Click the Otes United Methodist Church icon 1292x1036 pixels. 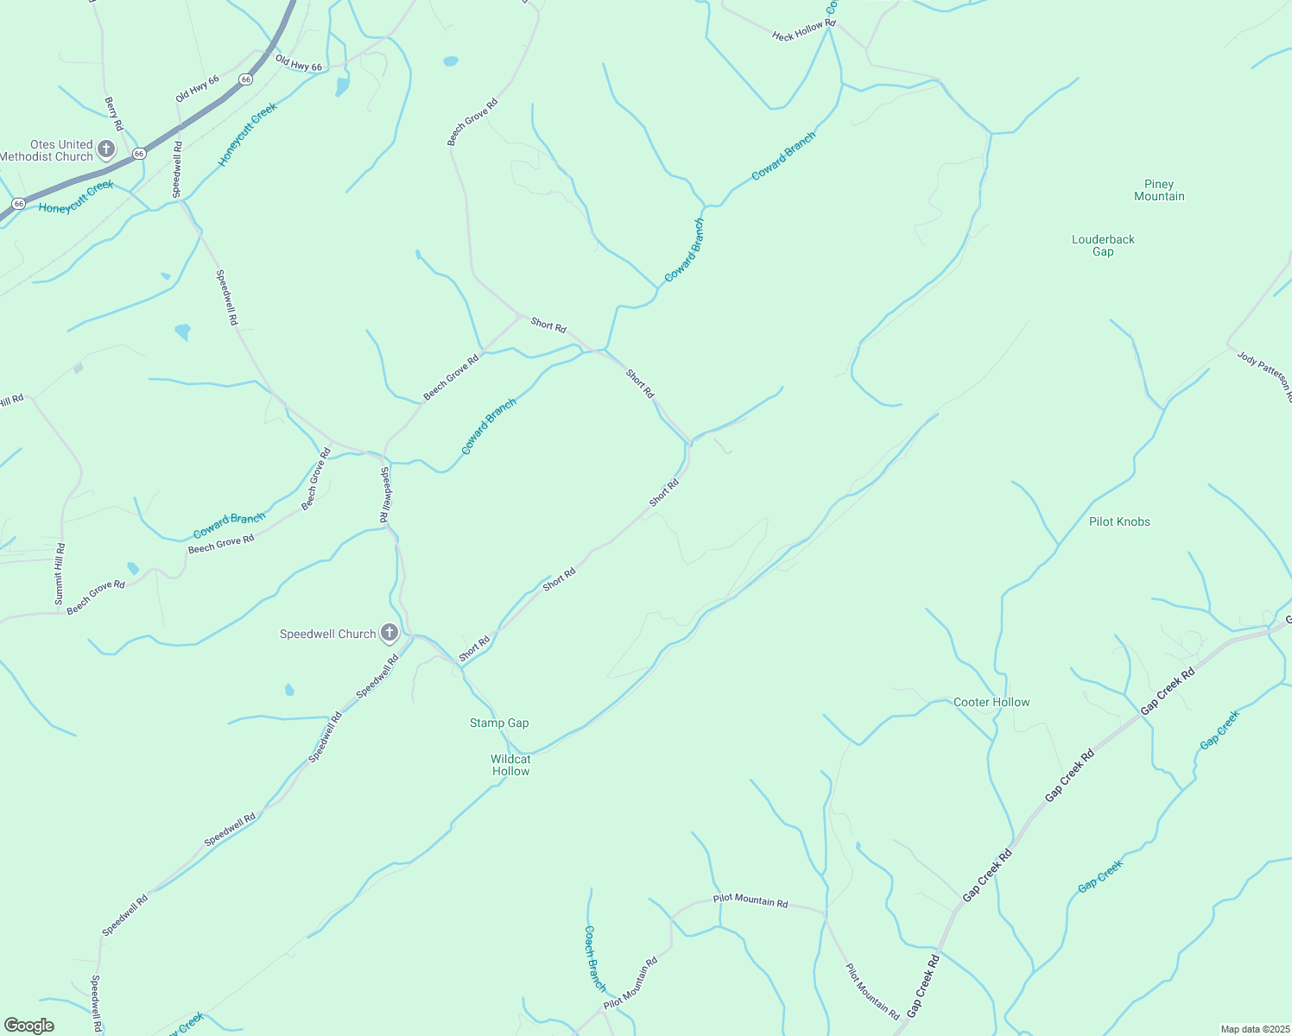pos(106,149)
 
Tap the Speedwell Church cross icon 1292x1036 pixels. pos(389,634)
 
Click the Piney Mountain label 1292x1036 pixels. pos(1159,190)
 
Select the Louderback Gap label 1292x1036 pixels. pos(1103,245)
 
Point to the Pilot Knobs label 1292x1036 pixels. pos(1119,521)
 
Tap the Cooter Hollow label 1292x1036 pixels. pos(991,702)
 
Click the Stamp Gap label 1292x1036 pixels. pos(499,723)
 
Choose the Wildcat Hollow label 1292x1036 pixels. pos(510,765)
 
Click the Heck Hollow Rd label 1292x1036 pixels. pos(803,30)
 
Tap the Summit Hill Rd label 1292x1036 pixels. pos(60,573)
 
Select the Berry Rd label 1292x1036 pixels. pos(114,114)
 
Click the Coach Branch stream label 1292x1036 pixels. pos(595,958)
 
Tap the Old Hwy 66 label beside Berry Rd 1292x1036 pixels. pos(197,89)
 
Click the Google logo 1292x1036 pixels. pos(29,1026)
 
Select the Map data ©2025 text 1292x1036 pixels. pos(1254,1029)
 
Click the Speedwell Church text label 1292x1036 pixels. pos(327,634)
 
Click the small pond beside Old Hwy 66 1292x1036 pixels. pos(342,86)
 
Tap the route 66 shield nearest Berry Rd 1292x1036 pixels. pos(139,154)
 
